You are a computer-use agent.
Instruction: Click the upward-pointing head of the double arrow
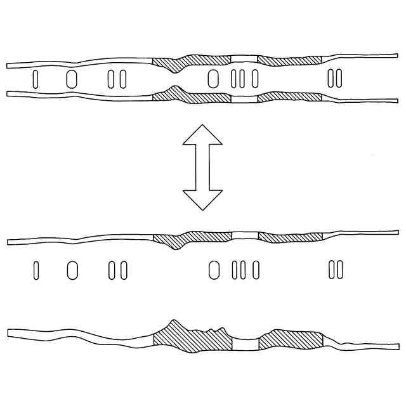click(x=202, y=135)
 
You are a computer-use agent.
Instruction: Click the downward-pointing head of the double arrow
click(x=202, y=198)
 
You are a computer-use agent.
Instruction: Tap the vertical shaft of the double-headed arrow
click(x=202, y=166)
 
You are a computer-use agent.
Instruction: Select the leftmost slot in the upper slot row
click(x=36, y=78)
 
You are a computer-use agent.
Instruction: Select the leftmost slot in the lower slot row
click(x=36, y=270)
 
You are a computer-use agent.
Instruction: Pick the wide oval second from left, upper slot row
click(x=72, y=78)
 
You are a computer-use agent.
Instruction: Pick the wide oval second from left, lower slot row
click(x=72, y=270)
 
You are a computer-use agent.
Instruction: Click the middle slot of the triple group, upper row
click(x=241, y=78)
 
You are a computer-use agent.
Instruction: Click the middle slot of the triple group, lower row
click(x=241, y=270)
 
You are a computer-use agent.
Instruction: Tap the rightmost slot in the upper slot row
click(x=339, y=78)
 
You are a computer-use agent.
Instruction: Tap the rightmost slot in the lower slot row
click(x=339, y=270)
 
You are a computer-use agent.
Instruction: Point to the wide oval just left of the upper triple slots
click(x=214, y=78)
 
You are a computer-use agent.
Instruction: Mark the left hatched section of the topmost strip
click(x=190, y=60)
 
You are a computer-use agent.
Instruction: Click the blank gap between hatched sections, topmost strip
click(x=244, y=60)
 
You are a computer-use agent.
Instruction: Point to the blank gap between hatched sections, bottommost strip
click(x=246, y=343)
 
